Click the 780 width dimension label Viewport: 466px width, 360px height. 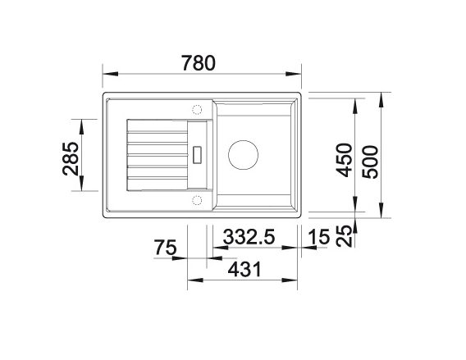click(x=199, y=63)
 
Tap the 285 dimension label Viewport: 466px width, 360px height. click(x=71, y=158)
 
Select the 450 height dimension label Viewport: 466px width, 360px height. click(x=344, y=160)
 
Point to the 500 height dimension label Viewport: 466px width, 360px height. click(x=370, y=162)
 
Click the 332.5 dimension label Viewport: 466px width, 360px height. click(x=249, y=237)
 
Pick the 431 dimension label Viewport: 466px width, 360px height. click(x=244, y=269)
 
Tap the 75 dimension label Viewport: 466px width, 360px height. click(x=165, y=248)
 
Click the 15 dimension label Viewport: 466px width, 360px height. click(x=319, y=237)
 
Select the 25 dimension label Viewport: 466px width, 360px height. click(x=344, y=236)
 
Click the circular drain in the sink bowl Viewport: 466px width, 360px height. click(x=243, y=155)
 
